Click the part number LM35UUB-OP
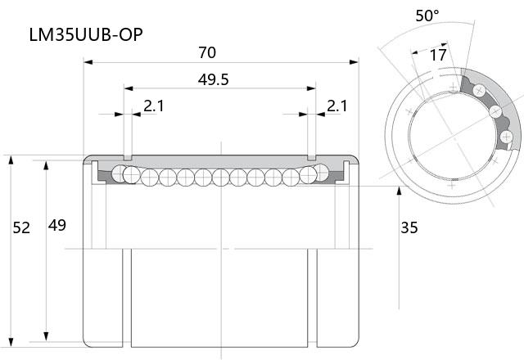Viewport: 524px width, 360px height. coord(86,34)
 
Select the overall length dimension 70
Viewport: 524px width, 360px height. coord(207,52)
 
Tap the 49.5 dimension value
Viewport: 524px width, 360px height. coord(213,80)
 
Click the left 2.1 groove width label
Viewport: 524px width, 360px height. coord(154,106)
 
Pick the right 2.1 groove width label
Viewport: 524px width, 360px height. coord(337,106)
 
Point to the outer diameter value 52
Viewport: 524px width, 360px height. coord(21,227)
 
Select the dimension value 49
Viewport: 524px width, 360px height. coord(56,226)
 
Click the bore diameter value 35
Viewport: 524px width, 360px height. coord(409,227)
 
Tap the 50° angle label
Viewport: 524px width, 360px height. coord(427,16)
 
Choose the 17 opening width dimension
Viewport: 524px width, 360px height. coord(438,55)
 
